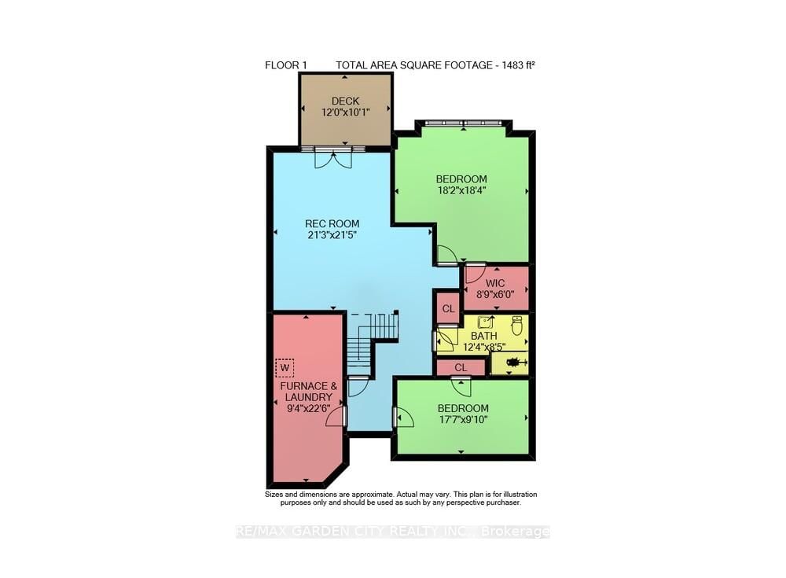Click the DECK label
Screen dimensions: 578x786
click(x=345, y=101)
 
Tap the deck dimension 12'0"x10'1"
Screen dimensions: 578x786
click(x=345, y=112)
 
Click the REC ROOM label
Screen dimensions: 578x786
click(x=332, y=224)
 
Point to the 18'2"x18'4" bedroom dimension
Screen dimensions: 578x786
click(x=461, y=190)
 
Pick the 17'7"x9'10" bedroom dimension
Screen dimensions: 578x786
click(x=463, y=419)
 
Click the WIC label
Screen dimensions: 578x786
click(x=495, y=283)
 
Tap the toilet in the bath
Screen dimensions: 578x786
click(x=516, y=324)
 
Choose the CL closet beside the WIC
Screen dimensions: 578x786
click(x=448, y=308)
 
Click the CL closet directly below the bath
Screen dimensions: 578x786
click(x=461, y=367)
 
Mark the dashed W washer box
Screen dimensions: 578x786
click(x=285, y=367)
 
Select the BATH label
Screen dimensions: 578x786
click(x=483, y=336)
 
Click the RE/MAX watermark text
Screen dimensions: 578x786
click(x=393, y=532)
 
